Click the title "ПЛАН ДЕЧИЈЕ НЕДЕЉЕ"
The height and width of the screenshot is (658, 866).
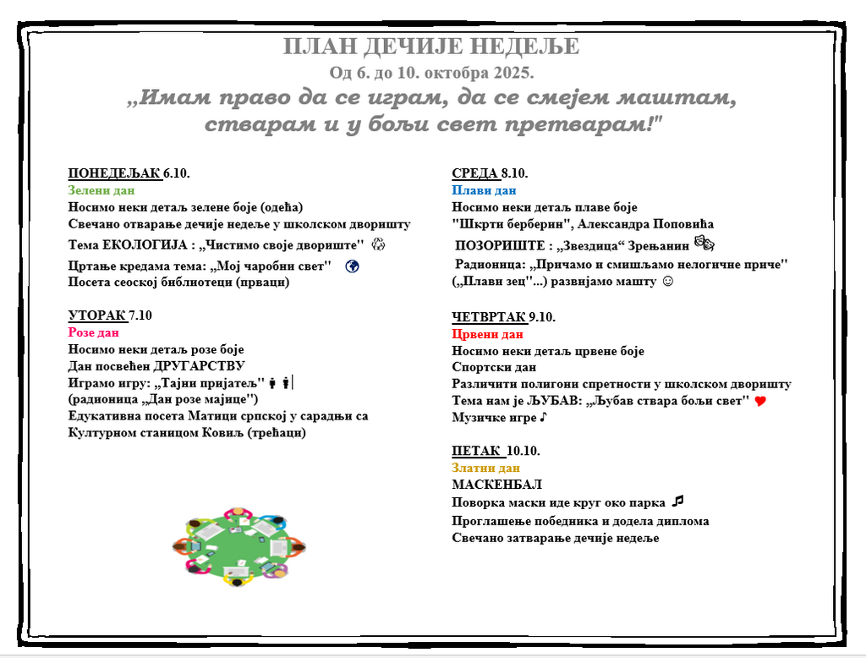pos(431,47)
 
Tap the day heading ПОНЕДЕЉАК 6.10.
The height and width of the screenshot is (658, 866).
pos(129,173)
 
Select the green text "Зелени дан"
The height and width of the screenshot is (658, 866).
pos(100,190)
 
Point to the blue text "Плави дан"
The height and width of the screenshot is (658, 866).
pos(484,190)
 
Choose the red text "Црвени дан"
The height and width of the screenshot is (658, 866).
pos(487,334)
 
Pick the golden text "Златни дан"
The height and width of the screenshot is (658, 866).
pos(485,468)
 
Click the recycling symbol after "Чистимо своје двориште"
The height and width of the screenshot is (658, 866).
pos(378,244)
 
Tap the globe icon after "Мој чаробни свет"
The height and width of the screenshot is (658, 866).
pos(353,266)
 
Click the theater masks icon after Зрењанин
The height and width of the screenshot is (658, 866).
pos(704,244)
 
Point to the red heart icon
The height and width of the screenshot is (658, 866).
pos(759,401)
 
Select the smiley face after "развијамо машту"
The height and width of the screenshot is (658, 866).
pos(667,282)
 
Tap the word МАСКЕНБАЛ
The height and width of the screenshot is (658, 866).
pos(496,485)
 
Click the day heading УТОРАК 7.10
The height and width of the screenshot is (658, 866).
pos(110,315)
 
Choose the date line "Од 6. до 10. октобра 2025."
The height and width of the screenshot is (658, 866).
pos(431,72)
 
